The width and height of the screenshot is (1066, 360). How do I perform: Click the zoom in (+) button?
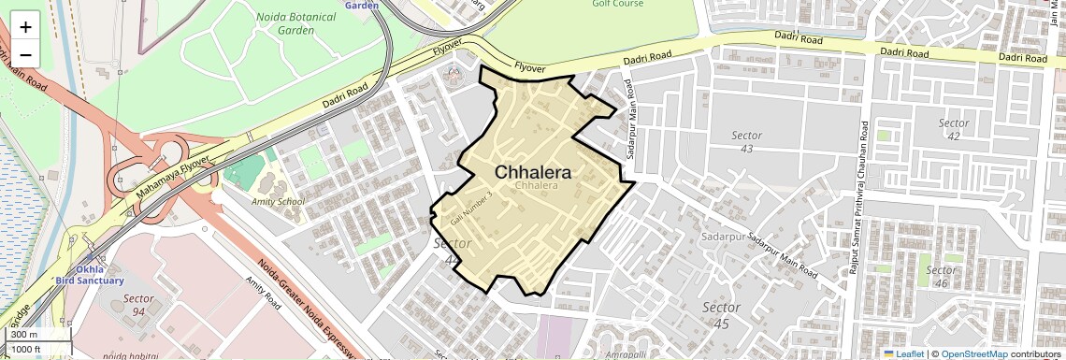pyautogui.click(x=25, y=27)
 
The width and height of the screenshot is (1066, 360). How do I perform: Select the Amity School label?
pyautogui.click(x=279, y=201)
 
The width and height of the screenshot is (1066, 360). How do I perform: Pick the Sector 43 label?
pyautogui.click(x=746, y=142)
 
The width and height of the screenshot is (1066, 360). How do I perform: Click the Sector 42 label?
pyautogui.click(x=954, y=130)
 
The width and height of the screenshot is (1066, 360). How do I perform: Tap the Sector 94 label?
pyautogui.click(x=138, y=305)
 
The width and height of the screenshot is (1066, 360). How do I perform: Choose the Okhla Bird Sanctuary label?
pyautogui.click(x=89, y=275)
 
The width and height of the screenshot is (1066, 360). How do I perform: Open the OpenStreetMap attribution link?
pyautogui.click(x=973, y=353)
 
